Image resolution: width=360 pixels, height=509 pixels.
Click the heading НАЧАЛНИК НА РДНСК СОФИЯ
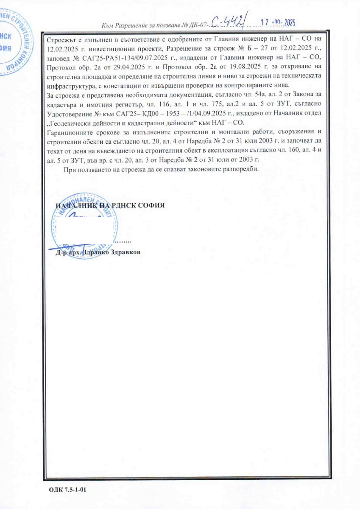[x=110, y=206]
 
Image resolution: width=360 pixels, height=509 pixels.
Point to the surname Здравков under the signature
[x=124, y=252]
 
